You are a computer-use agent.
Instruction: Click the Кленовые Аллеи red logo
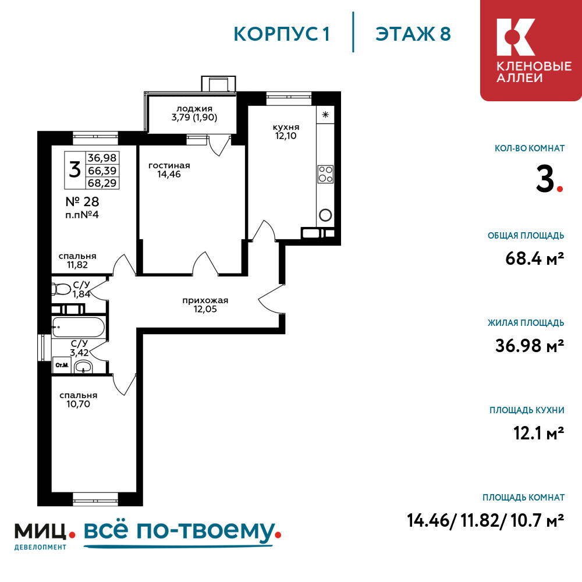click(530, 50)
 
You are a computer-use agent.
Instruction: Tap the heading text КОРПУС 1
click(282, 34)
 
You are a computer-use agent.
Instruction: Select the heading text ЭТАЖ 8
click(413, 34)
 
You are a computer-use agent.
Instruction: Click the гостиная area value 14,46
click(169, 173)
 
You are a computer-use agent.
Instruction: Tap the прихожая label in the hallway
click(205, 300)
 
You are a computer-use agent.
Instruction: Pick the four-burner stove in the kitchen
click(325, 173)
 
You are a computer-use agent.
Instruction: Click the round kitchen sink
click(325, 215)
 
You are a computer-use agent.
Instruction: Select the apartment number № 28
click(82, 202)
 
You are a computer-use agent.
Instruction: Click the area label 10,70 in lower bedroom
click(78, 403)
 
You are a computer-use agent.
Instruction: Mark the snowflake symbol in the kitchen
click(325, 114)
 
